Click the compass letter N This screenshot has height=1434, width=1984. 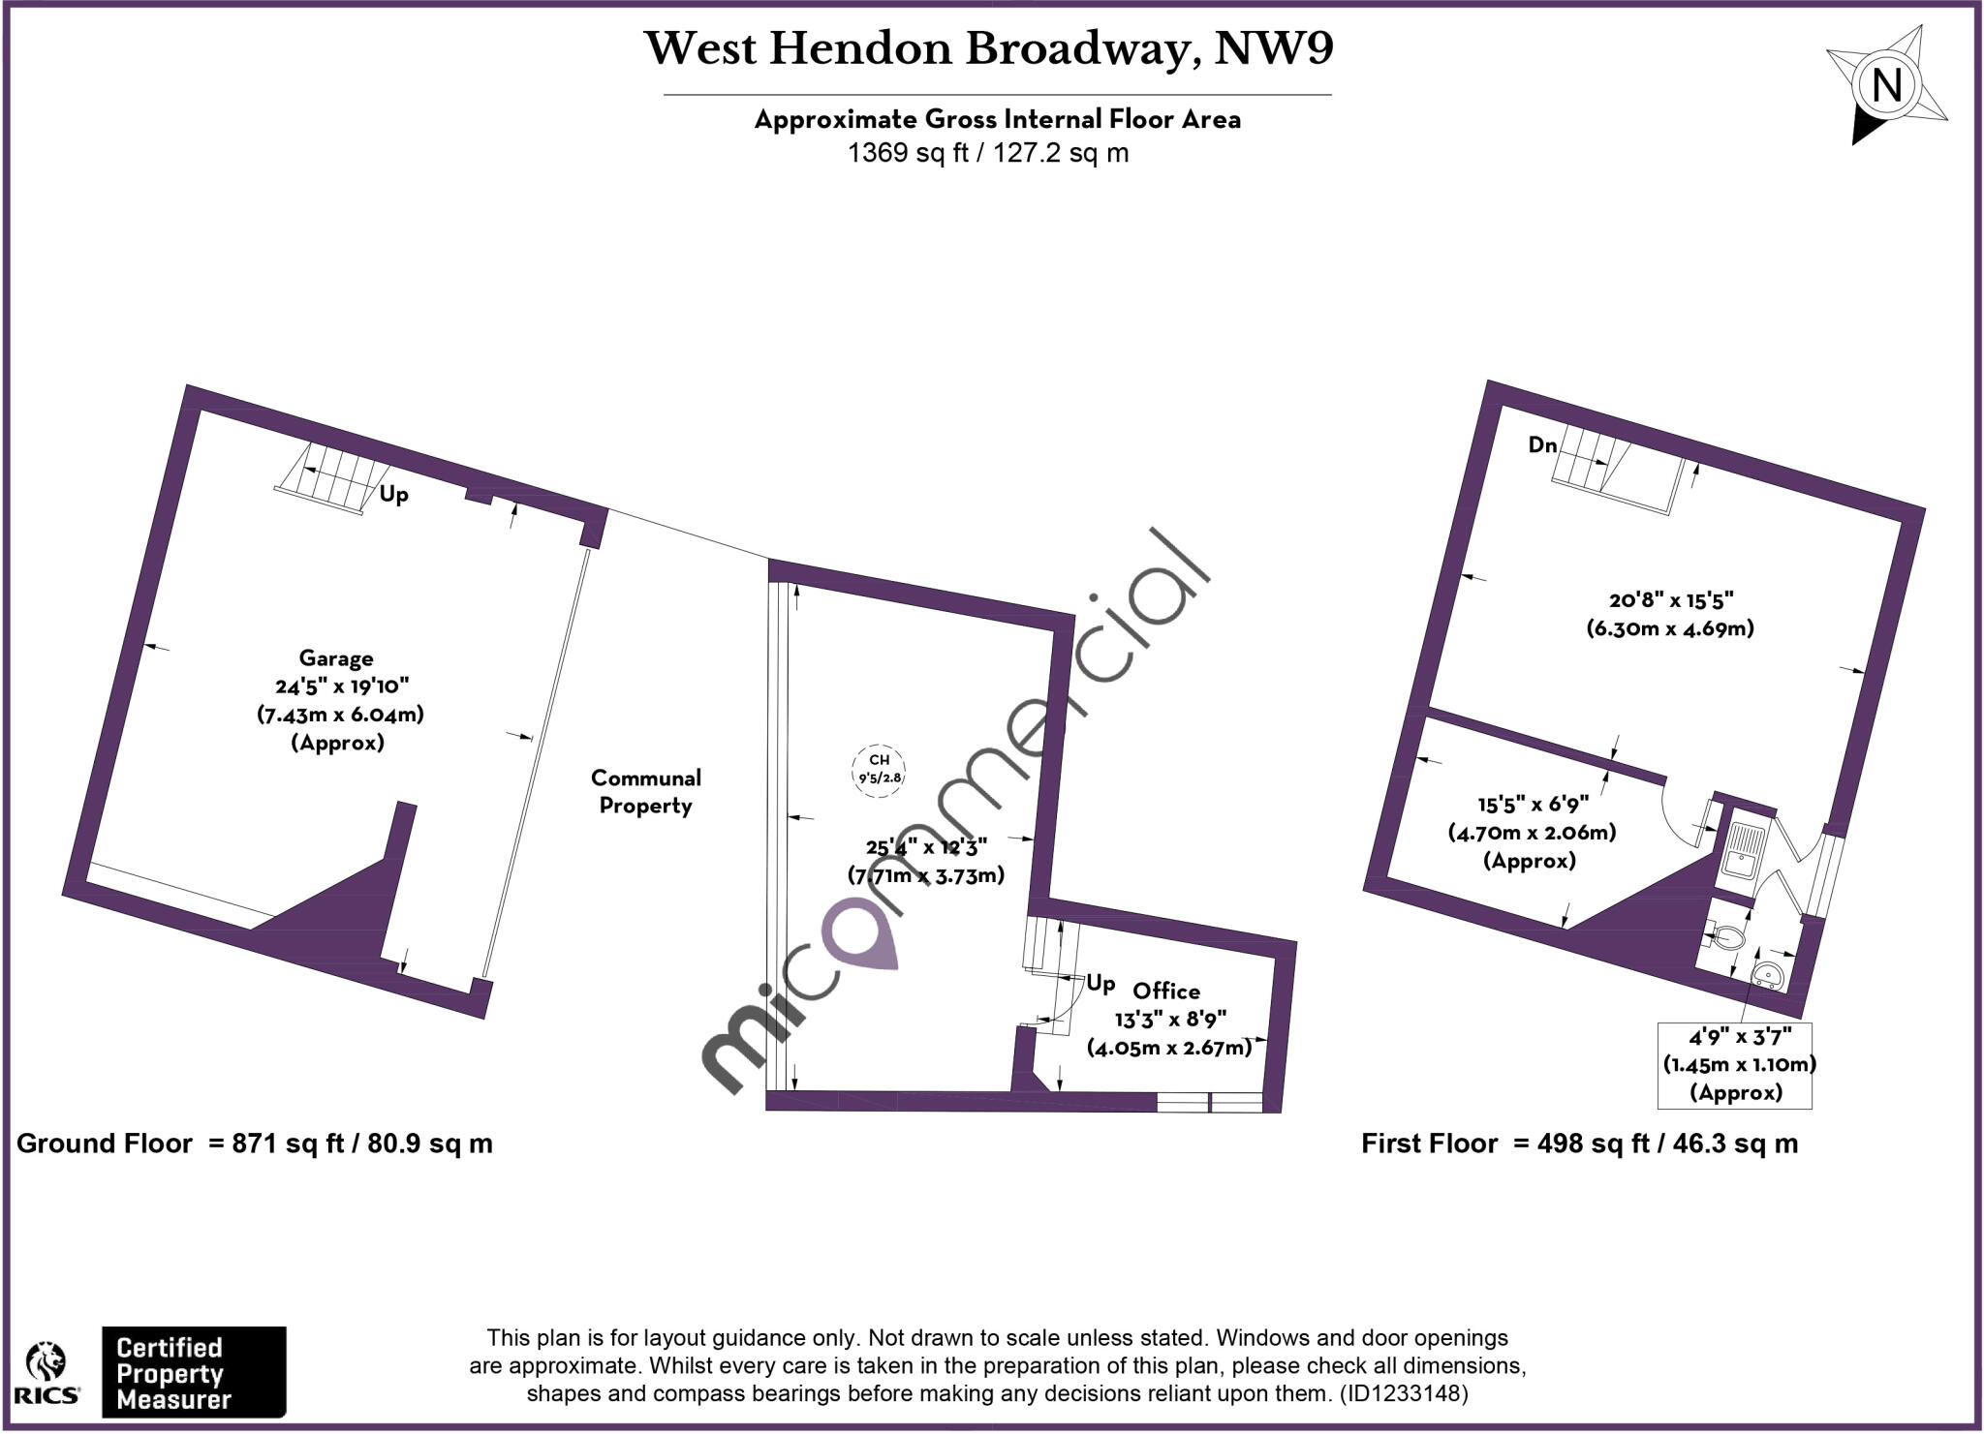pyautogui.click(x=1886, y=86)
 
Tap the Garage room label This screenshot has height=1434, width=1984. pyautogui.click(x=336, y=658)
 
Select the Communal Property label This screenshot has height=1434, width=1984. pyautogui.click(x=645, y=791)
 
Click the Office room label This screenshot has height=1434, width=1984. pyautogui.click(x=1166, y=991)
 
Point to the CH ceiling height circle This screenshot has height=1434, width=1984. pyautogui.click(x=879, y=768)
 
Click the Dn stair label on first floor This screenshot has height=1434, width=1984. pyautogui.click(x=1542, y=445)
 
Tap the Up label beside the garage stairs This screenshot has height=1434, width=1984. pyautogui.click(x=393, y=494)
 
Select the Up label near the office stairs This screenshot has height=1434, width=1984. pyautogui.click(x=1100, y=984)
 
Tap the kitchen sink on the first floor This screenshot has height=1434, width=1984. pyautogui.click(x=1746, y=849)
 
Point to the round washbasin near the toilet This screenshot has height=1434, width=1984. pyautogui.click(x=1767, y=974)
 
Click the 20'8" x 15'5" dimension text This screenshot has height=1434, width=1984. pyautogui.click(x=1671, y=600)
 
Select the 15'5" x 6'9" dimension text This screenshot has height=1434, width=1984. pyautogui.click(x=1533, y=804)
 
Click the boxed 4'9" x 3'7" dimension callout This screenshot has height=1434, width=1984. pyautogui.click(x=1735, y=1065)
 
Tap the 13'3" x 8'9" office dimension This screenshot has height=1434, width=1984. pyautogui.click(x=1170, y=1019)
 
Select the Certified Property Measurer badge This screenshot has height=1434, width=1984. pyautogui.click(x=194, y=1372)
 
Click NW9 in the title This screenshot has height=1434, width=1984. pyautogui.click(x=1274, y=48)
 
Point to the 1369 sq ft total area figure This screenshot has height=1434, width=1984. pyautogui.click(x=908, y=153)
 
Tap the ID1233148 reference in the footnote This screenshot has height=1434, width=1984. pyautogui.click(x=1404, y=1393)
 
